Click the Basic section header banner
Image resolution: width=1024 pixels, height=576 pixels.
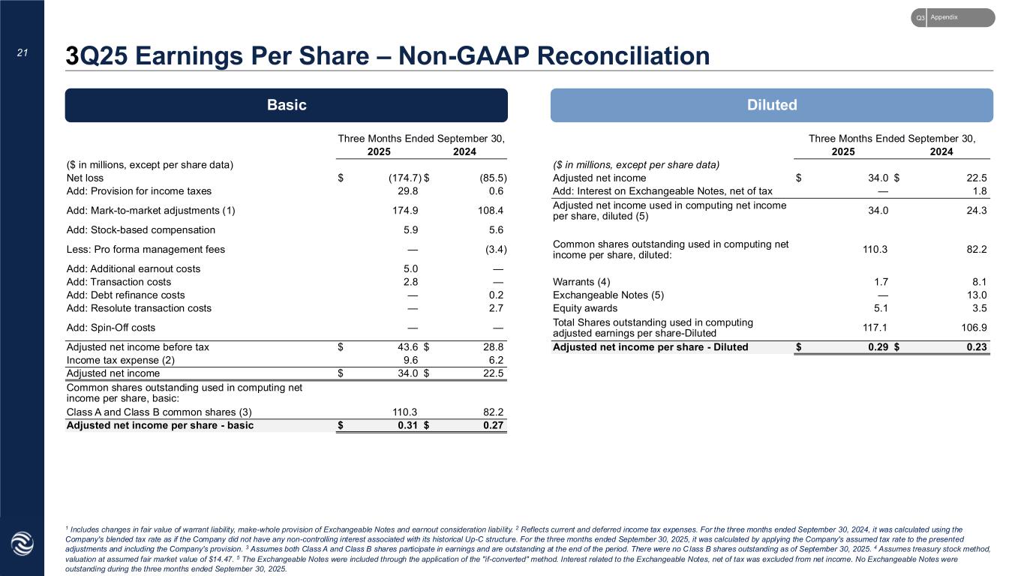(x=286, y=105)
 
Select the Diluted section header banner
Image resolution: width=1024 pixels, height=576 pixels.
(x=771, y=105)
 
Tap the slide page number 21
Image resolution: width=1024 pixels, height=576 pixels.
(x=23, y=52)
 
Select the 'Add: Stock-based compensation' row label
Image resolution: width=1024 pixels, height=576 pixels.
(x=141, y=230)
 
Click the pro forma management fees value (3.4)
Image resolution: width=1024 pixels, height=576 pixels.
(x=492, y=249)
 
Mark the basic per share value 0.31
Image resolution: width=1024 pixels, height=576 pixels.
(x=406, y=425)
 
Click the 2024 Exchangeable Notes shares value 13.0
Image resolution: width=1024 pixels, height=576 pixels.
(x=977, y=295)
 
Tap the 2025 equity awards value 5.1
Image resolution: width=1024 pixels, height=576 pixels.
(x=881, y=307)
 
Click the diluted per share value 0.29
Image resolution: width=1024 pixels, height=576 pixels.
(x=876, y=347)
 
